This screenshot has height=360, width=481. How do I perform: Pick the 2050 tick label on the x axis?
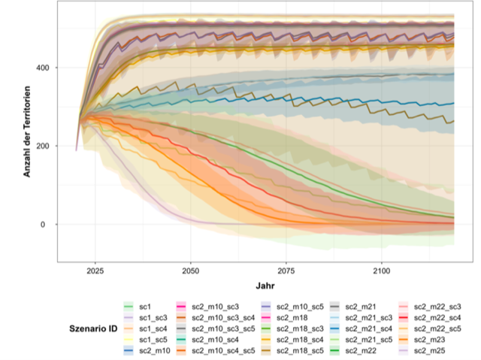tap(191, 269)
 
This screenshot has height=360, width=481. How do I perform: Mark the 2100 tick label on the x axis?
tap(382, 269)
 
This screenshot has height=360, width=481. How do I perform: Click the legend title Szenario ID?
tap(88, 328)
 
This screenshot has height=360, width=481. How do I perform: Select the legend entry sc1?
tap(146, 307)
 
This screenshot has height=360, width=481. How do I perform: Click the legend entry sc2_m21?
tap(361, 307)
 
